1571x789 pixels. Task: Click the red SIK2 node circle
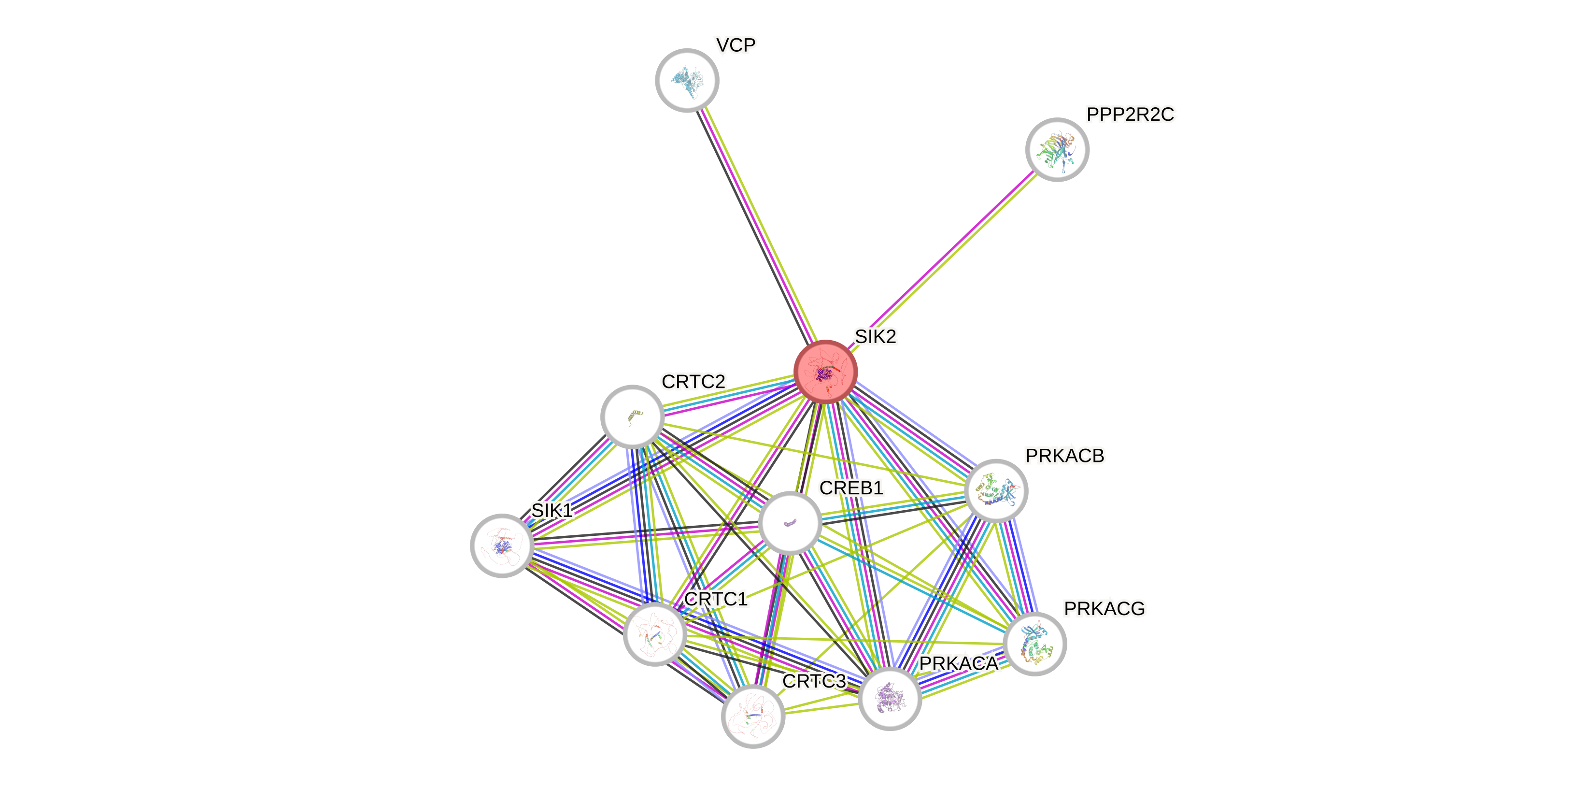click(x=825, y=371)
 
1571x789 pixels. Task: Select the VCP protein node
click(x=687, y=80)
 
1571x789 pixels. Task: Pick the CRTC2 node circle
click(x=633, y=416)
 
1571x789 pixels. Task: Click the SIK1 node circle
click(x=502, y=545)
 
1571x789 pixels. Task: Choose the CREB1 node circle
click(x=790, y=523)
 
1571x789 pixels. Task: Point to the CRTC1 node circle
click(x=655, y=634)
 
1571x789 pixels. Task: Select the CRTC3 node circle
click(x=752, y=716)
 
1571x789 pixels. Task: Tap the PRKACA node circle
click(x=890, y=698)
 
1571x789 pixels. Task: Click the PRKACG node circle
click(x=1034, y=644)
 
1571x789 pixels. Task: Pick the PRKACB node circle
click(x=996, y=490)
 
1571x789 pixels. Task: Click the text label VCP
click(x=736, y=44)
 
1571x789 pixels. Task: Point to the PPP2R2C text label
click(x=1130, y=114)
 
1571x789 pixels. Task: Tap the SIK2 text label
click(x=875, y=336)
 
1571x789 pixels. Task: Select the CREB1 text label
click(x=851, y=488)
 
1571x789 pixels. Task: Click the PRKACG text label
click(x=1104, y=608)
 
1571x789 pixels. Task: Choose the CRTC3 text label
click(x=814, y=681)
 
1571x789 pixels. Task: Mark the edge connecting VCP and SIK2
click(x=756, y=226)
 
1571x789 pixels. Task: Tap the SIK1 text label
click(x=552, y=510)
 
